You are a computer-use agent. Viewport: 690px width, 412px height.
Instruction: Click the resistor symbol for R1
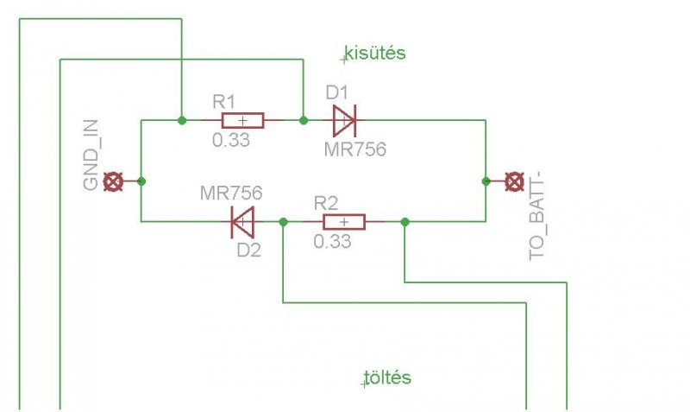(241, 120)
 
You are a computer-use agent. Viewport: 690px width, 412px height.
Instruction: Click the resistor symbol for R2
(343, 222)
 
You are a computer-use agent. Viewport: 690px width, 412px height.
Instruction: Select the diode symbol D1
(343, 120)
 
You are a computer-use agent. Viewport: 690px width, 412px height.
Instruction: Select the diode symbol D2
(243, 222)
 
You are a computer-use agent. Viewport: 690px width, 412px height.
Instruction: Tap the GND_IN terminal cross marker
(112, 181)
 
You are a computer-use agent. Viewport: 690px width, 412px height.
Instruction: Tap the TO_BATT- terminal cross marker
(513, 181)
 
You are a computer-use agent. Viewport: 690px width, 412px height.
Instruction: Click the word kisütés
(375, 54)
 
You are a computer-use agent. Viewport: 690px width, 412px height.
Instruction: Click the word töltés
(388, 378)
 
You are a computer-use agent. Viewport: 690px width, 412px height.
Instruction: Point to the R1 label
(224, 100)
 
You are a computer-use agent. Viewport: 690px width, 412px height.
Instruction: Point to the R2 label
(325, 204)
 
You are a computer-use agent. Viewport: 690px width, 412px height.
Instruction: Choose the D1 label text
(337, 92)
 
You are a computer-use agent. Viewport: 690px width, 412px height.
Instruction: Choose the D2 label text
(249, 250)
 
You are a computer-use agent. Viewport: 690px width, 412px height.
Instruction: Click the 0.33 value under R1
(230, 139)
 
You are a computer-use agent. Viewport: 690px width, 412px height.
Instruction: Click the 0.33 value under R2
(332, 242)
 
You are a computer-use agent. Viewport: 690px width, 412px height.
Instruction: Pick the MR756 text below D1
(354, 149)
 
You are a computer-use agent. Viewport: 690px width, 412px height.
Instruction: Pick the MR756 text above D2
(230, 192)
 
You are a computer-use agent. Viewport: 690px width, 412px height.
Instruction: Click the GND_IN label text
(93, 162)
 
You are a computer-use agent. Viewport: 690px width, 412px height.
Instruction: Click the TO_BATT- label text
(539, 216)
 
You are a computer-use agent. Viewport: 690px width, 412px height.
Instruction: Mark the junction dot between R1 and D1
(303, 120)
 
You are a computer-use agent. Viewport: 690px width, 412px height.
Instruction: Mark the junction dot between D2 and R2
(284, 222)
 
